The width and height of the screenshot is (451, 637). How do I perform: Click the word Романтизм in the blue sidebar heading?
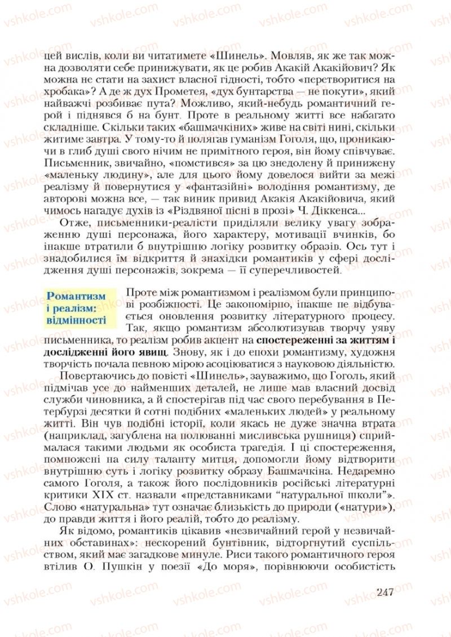pos(76,296)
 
